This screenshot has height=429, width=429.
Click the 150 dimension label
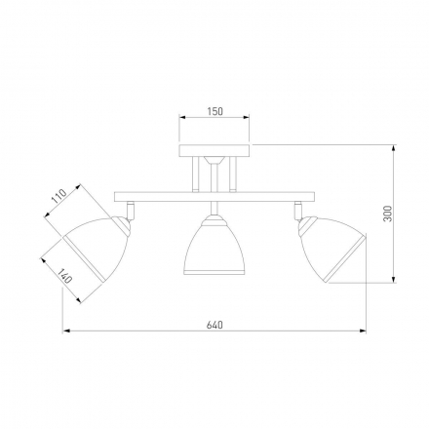[x=215, y=111]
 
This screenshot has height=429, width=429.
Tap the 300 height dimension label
[x=388, y=214]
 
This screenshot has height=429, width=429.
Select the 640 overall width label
[x=214, y=325]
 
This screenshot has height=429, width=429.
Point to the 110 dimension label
[x=59, y=196]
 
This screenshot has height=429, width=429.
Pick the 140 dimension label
[x=64, y=276]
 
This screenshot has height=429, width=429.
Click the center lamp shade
[x=214, y=246]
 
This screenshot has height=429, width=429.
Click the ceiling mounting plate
[x=214, y=150]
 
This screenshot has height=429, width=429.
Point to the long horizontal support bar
[x=214, y=197]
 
